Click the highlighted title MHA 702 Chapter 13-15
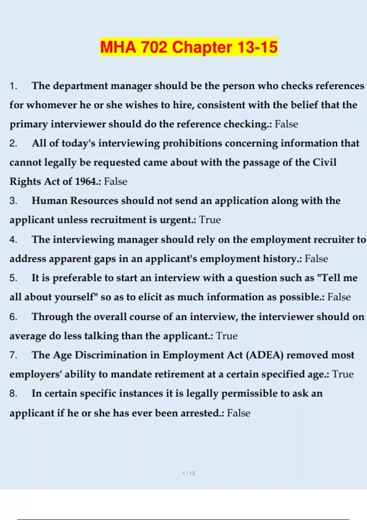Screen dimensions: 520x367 (189, 47)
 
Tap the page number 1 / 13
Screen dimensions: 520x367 (188, 473)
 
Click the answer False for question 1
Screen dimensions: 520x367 (286, 124)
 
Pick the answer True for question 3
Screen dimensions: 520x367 (210, 220)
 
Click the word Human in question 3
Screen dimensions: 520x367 (50, 201)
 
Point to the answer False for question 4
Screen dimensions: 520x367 (316, 259)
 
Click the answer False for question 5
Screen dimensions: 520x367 (339, 297)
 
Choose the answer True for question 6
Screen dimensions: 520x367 (227, 336)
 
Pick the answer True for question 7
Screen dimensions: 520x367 (343, 374)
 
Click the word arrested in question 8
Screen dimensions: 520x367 (200, 413)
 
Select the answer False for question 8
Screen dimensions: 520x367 (239, 413)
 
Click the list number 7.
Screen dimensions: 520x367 (13, 355)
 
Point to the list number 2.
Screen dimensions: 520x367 (13, 143)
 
